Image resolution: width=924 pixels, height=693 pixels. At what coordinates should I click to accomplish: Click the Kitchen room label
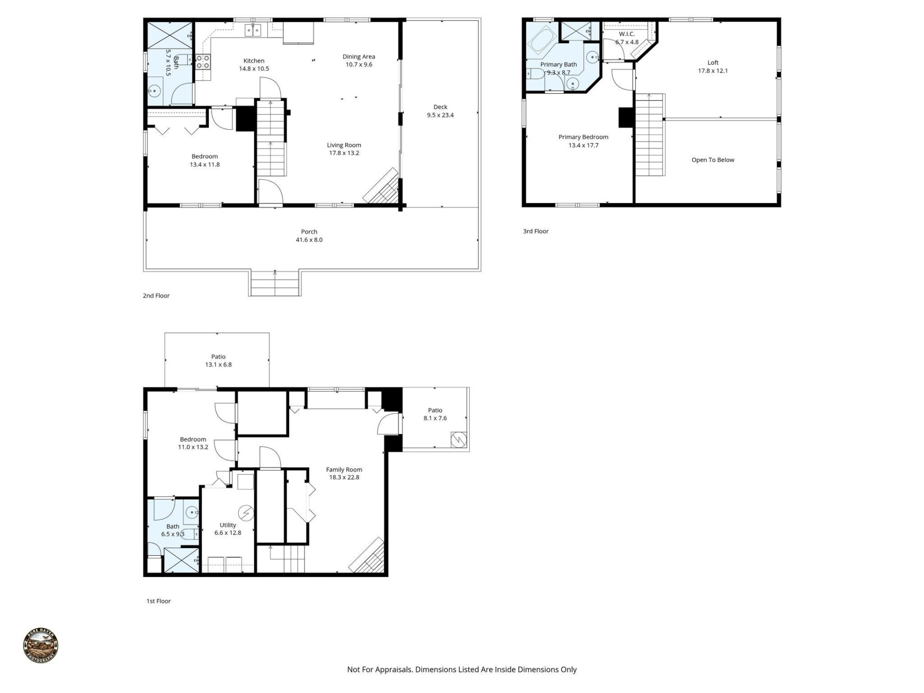click(x=254, y=61)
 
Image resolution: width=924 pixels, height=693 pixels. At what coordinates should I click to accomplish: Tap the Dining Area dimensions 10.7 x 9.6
click(x=359, y=64)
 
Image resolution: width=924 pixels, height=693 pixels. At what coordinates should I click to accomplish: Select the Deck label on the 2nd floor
click(x=440, y=107)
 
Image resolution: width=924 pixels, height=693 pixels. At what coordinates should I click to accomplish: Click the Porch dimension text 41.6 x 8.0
click(x=309, y=240)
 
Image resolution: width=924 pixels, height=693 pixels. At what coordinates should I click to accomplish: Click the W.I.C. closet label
click(x=627, y=34)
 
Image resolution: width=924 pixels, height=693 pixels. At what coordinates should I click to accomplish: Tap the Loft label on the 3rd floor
click(x=713, y=63)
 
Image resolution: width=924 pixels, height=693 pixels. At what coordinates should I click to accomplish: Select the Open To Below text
click(x=713, y=160)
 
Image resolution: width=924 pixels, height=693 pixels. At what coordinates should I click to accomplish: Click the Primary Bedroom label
click(x=583, y=137)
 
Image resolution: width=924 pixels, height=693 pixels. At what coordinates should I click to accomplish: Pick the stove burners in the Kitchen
click(x=203, y=62)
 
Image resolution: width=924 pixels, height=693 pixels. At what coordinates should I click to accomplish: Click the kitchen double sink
click(x=253, y=30)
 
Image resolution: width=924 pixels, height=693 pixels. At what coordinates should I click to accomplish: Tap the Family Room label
click(x=344, y=470)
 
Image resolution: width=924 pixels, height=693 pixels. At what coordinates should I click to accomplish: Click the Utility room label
click(x=228, y=525)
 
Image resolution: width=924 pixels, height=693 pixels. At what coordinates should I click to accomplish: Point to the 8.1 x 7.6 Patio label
click(x=435, y=414)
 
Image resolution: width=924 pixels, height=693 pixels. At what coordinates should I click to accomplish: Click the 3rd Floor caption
click(x=536, y=231)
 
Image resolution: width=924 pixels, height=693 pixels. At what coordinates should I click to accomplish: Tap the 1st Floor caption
click(x=158, y=601)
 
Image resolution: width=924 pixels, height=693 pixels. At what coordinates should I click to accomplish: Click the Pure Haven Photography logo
click(x=41, y=645)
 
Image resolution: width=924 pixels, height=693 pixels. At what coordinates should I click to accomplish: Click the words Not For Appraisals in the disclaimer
click(x=379, y=669)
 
